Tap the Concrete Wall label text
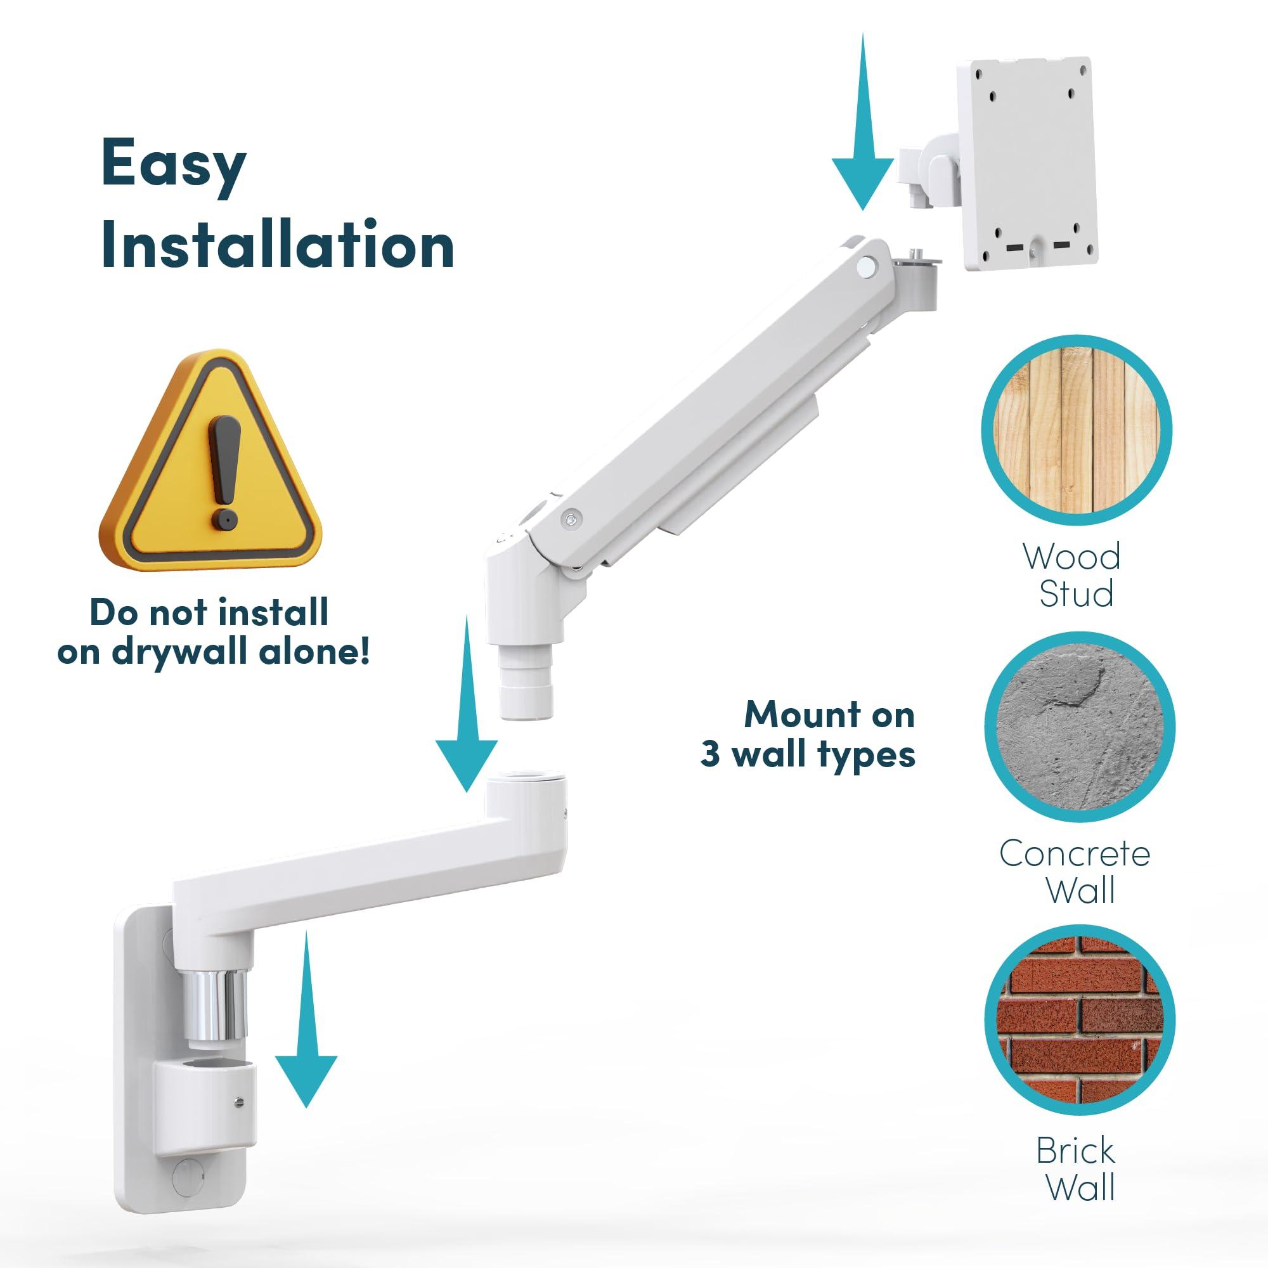point(1075,872)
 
